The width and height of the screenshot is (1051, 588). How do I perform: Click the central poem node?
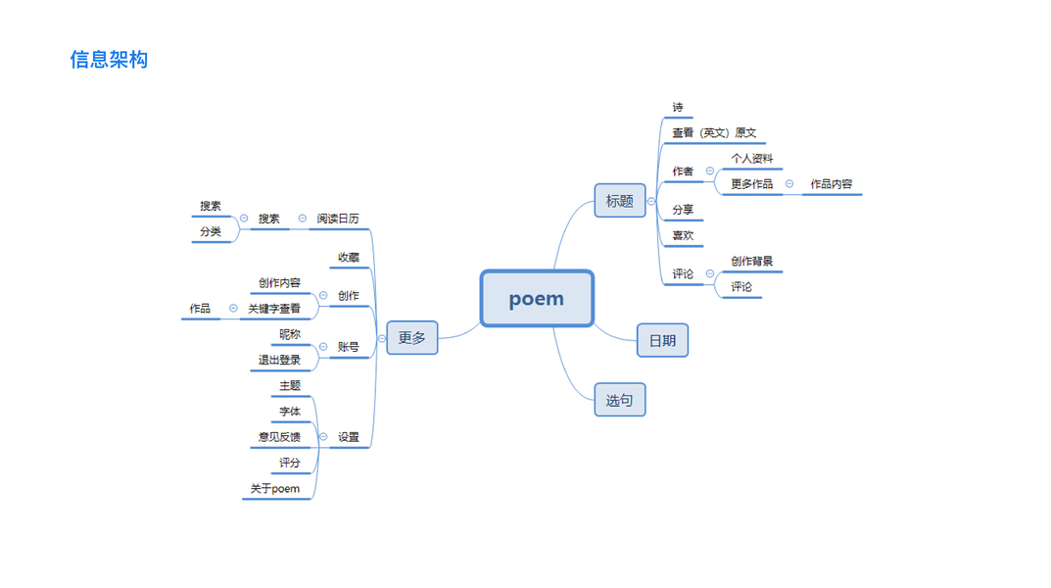click(537, 299)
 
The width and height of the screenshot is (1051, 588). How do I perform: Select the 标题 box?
click(620, 201)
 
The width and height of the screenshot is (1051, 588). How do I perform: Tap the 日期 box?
click(662, 341)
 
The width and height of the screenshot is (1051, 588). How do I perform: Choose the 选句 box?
click(620, 400)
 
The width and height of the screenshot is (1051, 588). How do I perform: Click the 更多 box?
click(412, 338)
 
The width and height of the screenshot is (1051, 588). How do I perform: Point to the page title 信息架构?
click(109, 60)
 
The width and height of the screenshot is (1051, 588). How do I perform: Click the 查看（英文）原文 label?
click(714, 133)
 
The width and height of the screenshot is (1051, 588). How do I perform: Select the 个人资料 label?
click(752, 158)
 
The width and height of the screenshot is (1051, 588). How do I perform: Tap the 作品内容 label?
click(832, 184)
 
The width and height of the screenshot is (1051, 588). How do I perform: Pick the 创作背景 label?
click(752, 262)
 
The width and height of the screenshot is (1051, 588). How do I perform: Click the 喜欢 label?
click(683, 235)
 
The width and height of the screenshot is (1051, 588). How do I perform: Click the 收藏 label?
click(349, 258)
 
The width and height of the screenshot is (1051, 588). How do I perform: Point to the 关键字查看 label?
click(274, 309)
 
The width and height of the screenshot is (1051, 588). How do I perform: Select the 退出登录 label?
click(280, 361)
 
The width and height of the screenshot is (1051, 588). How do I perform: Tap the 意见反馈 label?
click(280, 437)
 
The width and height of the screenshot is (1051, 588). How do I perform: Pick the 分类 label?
click(211, 232)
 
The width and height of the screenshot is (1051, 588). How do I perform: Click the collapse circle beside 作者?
click(710, 171)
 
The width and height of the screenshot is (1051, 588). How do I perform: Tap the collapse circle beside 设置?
click(323, 437)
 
